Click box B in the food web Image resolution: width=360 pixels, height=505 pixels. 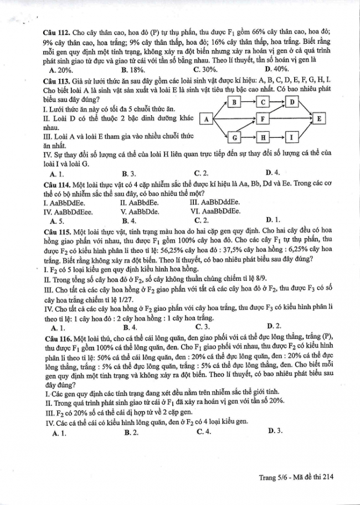click(x=235, y=102)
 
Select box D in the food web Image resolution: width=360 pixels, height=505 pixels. click(x=292, y=102)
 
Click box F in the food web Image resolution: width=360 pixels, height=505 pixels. click(x=263, y=118)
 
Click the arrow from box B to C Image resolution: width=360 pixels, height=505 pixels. click(x=250, y=102)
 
